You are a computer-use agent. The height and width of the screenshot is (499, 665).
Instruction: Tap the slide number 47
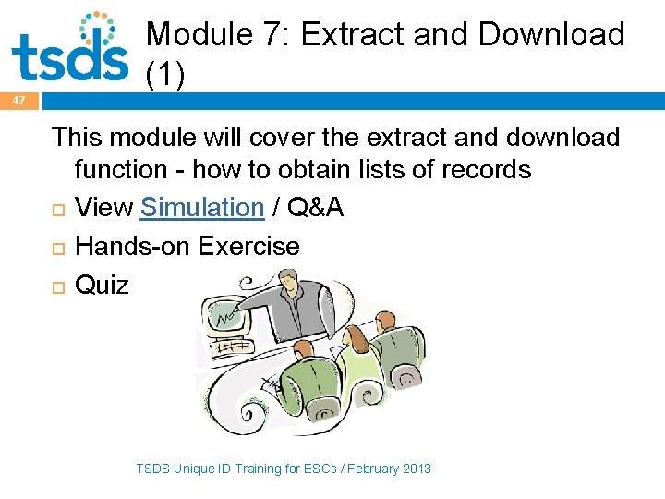[x=19, y=100]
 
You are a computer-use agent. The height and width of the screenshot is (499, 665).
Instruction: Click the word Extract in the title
[x=349, y=34]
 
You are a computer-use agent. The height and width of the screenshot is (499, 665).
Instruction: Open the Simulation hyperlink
[x=202, y=208]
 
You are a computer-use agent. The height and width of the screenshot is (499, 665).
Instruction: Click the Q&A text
[x=316, y=208]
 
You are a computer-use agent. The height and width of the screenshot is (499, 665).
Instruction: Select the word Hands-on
[x=133, y=247]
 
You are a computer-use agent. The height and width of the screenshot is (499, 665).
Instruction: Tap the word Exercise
[x=249, y=247]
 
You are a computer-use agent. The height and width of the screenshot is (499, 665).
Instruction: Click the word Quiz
[x=102, y=285]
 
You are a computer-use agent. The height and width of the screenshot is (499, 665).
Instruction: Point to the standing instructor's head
[x=288, y=282]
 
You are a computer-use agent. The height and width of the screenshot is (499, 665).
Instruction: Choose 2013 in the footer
[x=417, y=469]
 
